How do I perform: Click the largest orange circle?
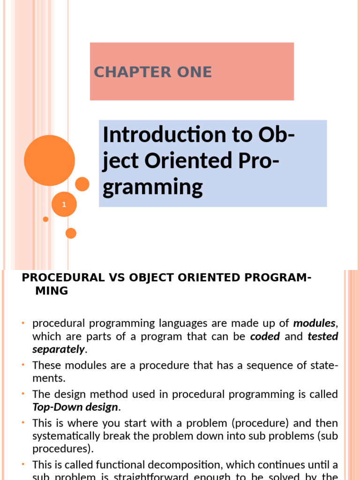(49, 160)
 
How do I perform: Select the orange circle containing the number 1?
(64, 204)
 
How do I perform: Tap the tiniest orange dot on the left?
(45, 219)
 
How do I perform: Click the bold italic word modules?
(314, 323)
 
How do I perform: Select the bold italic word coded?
(265, 336)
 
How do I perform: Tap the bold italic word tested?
(323, 336)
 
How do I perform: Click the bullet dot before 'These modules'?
(22, 365)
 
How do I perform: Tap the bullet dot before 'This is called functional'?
(22, 465)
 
